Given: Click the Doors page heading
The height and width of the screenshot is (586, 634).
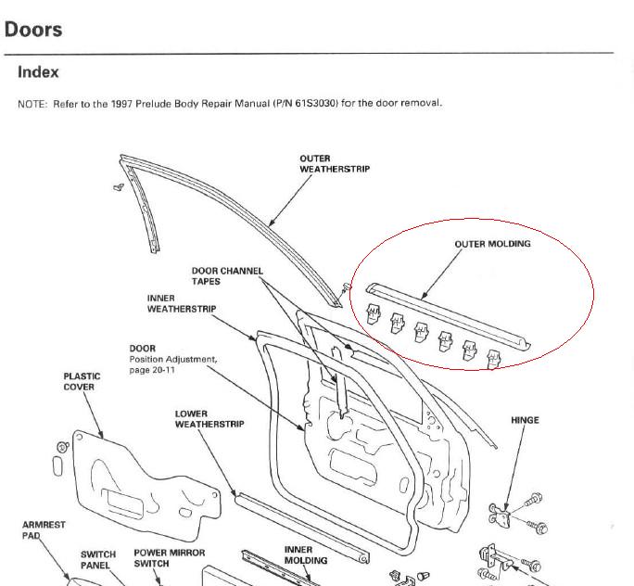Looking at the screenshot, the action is [33, 30].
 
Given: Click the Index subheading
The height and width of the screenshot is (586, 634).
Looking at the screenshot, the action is [38, 72].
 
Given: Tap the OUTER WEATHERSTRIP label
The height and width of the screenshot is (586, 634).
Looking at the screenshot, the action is [335, 164].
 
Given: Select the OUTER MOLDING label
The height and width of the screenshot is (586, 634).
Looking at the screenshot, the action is [492, 244].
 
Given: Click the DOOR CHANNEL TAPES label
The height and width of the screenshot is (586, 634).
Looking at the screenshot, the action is [227, 276].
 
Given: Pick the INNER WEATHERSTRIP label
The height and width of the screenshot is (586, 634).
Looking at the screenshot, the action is [182, 303].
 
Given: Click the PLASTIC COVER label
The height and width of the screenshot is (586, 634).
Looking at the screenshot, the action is [82, 381].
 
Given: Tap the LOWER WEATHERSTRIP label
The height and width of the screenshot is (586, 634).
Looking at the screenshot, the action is [209, 419].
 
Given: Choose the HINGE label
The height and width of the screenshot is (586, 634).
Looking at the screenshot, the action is [525, 420].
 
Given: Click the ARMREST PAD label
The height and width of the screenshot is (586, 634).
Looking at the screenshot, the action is [44, 530].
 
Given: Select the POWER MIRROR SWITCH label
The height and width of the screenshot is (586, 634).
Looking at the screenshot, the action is [170, 558].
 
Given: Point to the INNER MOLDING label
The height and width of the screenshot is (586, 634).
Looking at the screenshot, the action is [306, 555].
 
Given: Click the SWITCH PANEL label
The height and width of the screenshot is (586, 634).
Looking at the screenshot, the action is [98, 560].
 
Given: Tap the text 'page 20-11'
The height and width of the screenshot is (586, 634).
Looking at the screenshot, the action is [152, 370].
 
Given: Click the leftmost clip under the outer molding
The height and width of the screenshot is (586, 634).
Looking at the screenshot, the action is [373, 313].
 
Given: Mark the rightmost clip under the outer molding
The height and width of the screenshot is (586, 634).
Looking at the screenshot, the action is [493, 359].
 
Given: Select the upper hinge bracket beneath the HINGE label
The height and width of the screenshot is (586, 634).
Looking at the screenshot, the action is [501, 516].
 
